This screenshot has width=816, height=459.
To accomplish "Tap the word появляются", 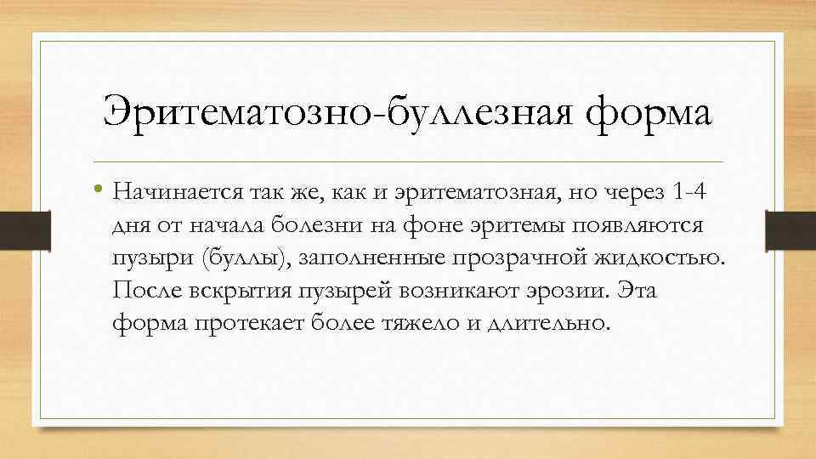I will [x=639, y=224].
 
